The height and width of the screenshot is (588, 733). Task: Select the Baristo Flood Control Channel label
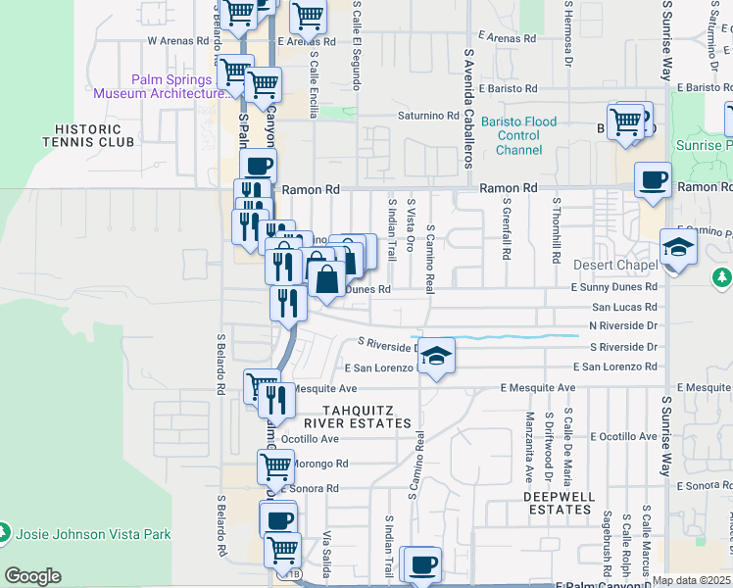518,135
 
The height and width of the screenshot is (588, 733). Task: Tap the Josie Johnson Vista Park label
93,534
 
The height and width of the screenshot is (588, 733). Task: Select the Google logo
32,576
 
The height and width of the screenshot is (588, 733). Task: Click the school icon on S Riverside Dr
437,356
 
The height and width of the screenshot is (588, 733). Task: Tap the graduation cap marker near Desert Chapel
678,249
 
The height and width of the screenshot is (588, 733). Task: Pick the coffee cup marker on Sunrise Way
653,180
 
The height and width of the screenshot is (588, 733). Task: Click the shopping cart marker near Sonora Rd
275,468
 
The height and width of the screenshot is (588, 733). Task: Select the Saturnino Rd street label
428,115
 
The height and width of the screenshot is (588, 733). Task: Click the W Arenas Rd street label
178,41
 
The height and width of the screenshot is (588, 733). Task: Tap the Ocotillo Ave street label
310,438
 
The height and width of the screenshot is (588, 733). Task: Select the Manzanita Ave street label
529,447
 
